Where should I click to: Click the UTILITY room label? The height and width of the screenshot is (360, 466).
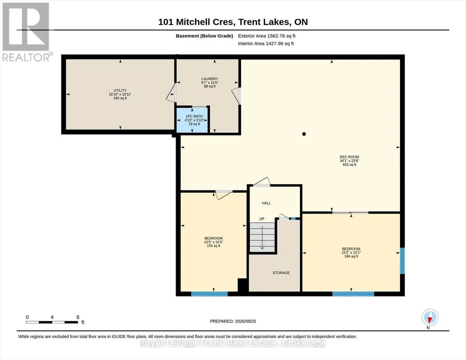click(x=120, y=90)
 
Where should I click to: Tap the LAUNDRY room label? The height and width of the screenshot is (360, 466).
click(x=210, y=79)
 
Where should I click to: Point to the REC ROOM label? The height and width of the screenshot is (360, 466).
click(x=349, y=157)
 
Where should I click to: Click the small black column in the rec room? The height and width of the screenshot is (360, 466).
click(x=304, y=134)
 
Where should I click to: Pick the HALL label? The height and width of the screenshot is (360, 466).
click(x=266, y=203)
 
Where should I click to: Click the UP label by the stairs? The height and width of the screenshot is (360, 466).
click(x=262, y=219)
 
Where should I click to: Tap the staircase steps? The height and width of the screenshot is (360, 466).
click(x=262, y=237)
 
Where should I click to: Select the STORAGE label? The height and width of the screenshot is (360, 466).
click(x=281, y=273)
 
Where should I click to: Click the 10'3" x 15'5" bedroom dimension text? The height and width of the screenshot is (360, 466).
click(x=213, y=242)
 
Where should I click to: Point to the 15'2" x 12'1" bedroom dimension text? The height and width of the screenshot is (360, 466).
click(x=351, y=252)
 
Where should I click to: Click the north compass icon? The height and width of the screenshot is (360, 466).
click(x=430, y=318)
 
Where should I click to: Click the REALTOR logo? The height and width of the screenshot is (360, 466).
click(x=26, y=32)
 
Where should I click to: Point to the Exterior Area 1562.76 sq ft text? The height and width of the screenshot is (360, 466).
click(x=266, y=36)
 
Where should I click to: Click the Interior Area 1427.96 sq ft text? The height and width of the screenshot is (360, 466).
click(x=266, y=44)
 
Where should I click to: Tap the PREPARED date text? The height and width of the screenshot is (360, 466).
click(x=233, y=321)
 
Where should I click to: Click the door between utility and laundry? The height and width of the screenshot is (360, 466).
click(x=172, y=93)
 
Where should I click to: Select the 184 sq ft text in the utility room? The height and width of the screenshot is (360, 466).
click(x=120, y=98)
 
